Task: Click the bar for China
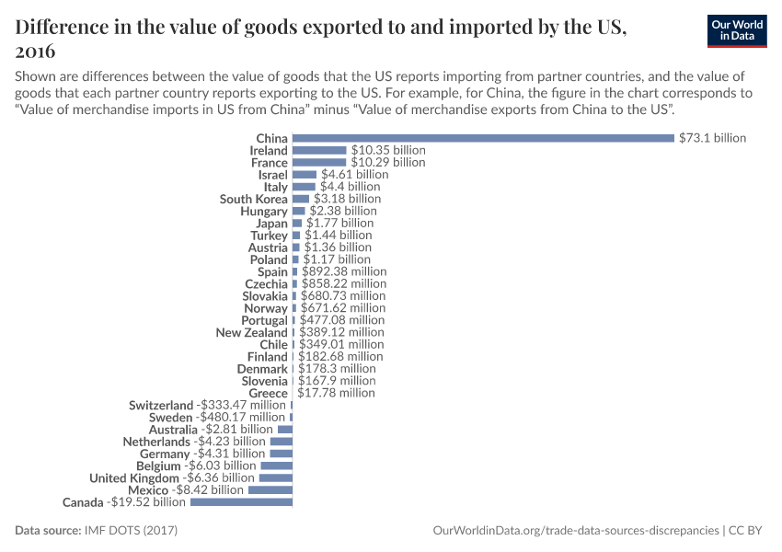point(483,138)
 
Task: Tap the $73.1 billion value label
point(712,138)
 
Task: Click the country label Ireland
point(269,150)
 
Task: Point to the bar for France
point(319,162)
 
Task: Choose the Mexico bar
point(270,490)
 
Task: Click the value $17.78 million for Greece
point(335,393)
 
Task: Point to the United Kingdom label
point(134,478)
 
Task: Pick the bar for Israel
point(305,174)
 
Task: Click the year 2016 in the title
point(36,52)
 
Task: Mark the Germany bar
point(281,454)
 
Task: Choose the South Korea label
point(253,199)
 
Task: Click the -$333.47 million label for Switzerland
point(241,405)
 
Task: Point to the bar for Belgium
point(276,466)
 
